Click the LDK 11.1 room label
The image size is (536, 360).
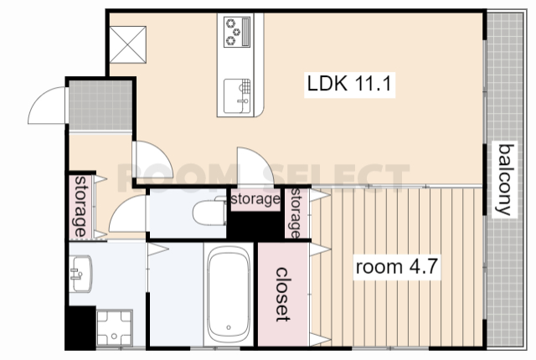tap(349, 84)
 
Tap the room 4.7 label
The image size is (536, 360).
tap(396, 266)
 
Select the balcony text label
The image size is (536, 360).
tap(506, 179)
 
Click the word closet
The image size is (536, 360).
tap(283, 294)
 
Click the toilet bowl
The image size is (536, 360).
tap(209, 212)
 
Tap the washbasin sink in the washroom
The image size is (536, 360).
tap(80, 274)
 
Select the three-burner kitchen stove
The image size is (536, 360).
tap(237, 32)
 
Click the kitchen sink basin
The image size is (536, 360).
tap(237, 96)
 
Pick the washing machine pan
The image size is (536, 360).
tap(114, 328)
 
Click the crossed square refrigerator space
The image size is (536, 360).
tap(128, 44)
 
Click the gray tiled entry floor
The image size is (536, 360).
tap(100, 105)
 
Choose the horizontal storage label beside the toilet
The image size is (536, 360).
tap(255, 199)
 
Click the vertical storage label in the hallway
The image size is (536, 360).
tap(80, 206)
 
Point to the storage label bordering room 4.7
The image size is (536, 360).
tap(296, 213)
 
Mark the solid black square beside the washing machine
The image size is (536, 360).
tap(80, 328)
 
